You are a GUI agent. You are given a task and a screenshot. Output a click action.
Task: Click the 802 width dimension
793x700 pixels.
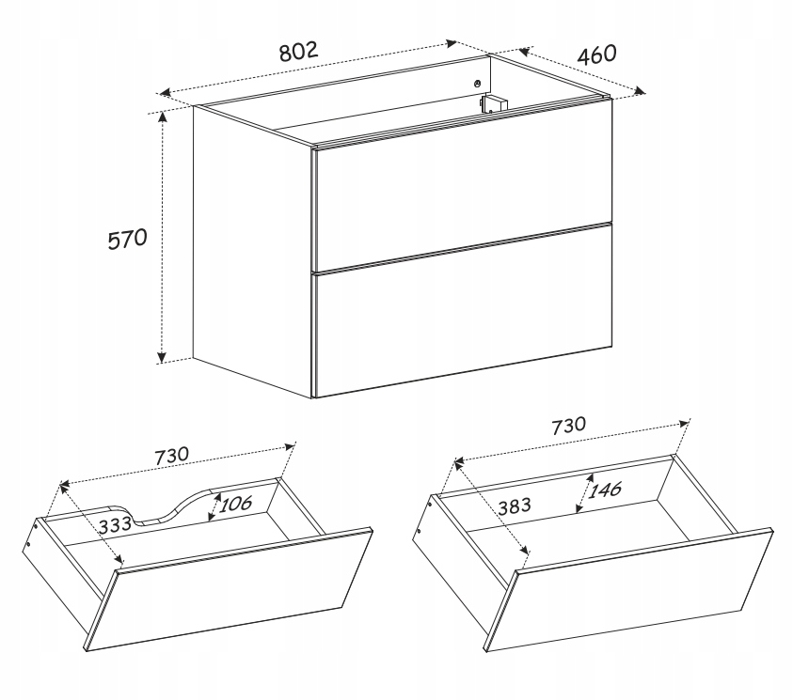[299, 51]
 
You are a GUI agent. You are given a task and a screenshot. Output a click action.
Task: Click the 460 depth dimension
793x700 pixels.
[596, 54]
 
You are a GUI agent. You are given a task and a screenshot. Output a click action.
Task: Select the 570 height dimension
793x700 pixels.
[127, 239]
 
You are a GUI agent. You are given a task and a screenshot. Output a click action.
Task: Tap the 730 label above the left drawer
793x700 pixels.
[171, 456]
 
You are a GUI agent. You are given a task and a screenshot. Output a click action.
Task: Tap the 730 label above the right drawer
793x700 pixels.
[568, 426]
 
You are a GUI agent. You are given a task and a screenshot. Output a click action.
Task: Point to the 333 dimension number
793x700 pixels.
[115, 526]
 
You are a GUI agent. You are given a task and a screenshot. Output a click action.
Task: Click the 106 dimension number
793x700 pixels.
[235, 503]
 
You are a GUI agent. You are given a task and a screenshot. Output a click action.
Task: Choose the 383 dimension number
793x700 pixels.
[515, 506]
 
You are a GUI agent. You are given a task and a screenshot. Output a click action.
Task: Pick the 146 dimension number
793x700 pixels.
[604, 490]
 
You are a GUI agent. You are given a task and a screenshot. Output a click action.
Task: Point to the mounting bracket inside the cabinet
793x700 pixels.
[493, 104]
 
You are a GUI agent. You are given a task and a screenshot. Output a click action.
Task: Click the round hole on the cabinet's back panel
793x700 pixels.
[477, 84]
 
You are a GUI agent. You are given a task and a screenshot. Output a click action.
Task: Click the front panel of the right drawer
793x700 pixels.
[628, 588]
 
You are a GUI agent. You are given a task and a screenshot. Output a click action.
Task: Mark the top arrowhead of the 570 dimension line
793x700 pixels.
[162, 117]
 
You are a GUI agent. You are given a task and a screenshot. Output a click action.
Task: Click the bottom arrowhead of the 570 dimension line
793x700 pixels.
[162, 356]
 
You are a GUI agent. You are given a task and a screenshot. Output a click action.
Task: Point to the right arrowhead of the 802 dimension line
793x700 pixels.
[451, 43]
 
